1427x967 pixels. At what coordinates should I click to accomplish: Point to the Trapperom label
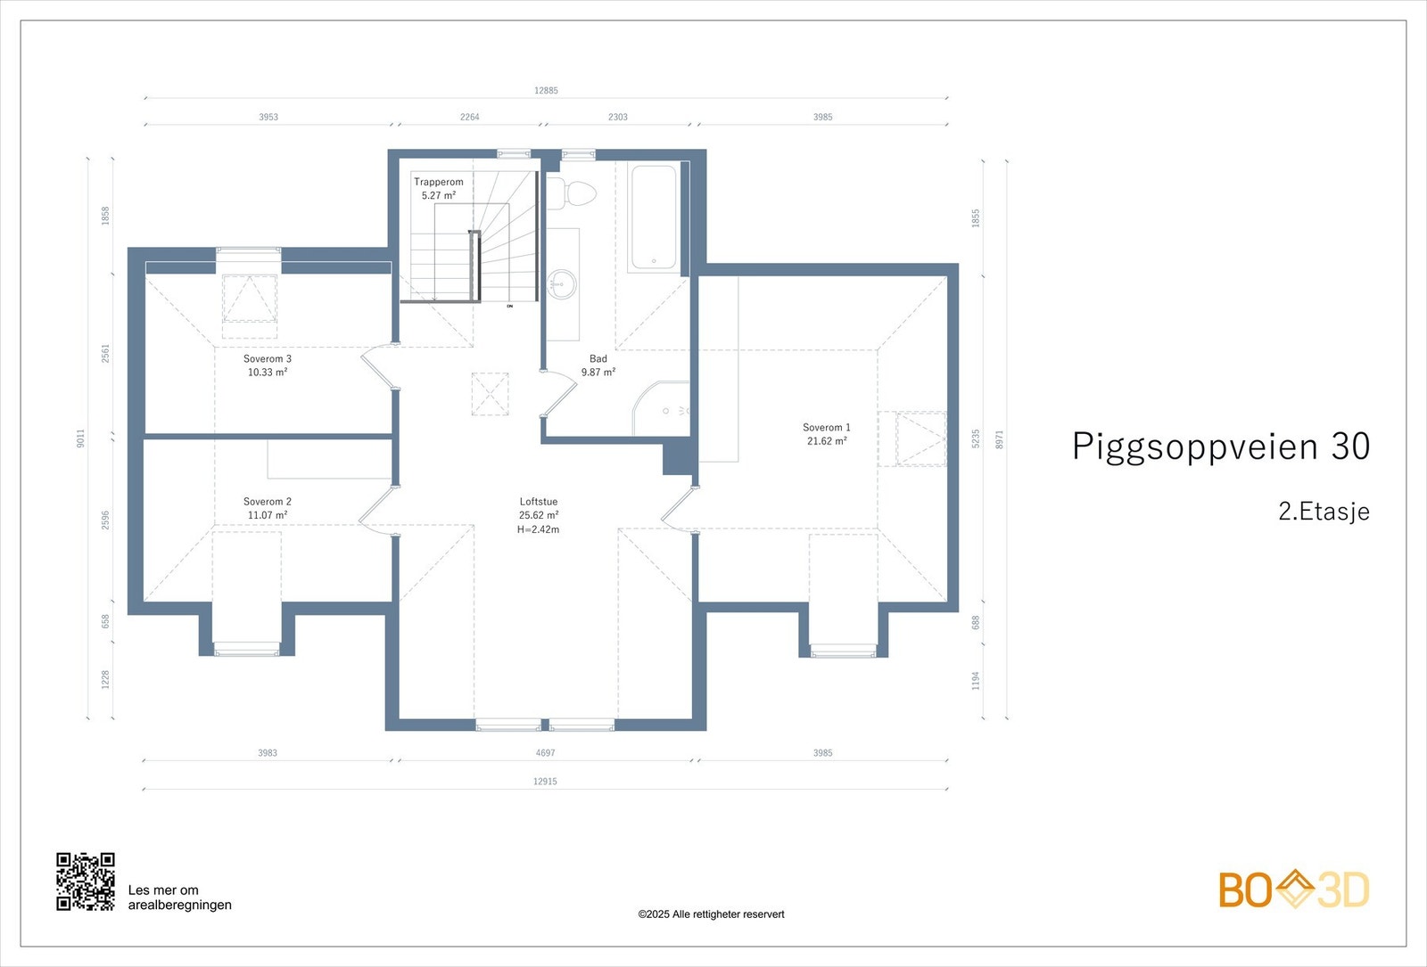point(439,182)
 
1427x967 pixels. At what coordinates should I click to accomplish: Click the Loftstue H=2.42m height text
point(539,529)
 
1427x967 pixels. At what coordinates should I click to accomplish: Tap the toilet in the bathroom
point(572,194)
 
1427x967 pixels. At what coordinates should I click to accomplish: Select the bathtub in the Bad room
point(655,217)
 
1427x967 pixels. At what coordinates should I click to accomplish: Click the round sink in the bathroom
point(561,285)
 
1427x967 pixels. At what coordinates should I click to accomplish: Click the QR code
point(86,881)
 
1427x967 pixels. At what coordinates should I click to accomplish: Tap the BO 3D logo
point(1293,889)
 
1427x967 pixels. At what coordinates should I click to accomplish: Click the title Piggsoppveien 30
point(1220,447)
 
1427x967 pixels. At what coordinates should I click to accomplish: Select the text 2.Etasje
point(1324,512)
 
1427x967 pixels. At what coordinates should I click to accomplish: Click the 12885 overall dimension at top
point(546,90)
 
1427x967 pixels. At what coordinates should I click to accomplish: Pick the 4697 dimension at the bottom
point(545,753)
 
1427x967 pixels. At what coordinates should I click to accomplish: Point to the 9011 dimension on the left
point(80,438)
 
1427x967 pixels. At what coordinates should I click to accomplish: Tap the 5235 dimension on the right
point(976,438)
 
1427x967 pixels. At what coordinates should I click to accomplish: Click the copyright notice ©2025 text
point(711,914)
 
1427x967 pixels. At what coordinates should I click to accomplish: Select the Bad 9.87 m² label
point(598,365)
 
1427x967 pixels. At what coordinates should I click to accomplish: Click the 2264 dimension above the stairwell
point(469,117)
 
